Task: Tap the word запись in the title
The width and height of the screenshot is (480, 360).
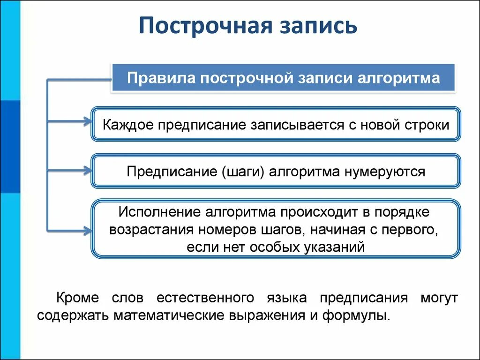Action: (x=319, y=26)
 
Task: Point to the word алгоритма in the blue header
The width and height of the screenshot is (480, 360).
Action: (x=399, y=78)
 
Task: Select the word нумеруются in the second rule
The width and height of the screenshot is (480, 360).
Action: (x=385, y=171)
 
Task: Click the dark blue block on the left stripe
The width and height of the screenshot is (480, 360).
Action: (x=10, y=146)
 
